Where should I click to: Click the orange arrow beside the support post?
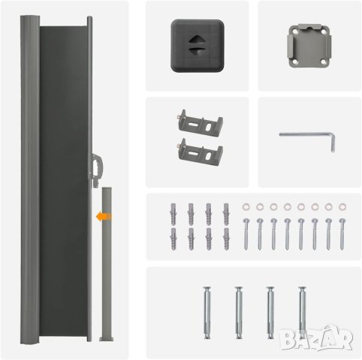point(104,216)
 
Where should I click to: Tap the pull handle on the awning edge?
point(96,170)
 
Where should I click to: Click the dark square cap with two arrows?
point(198,46)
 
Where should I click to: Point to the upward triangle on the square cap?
point(197,39)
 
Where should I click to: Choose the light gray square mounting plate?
point(309,46)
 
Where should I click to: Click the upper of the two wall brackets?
point(201,123)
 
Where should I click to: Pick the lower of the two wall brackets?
point(200,152)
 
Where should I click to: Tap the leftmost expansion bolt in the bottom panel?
point(207,313)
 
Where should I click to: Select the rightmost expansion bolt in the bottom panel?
point(302,313)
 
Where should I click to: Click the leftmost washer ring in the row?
point(246,207)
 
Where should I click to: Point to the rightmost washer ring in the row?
point(342,207)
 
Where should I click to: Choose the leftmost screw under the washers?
point(246,234)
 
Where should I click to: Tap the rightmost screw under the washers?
point(342,234)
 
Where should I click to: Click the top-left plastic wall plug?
point(173,214)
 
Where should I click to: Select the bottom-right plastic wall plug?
point(226,238)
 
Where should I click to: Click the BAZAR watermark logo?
point(316,338)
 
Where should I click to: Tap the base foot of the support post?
point(107,339)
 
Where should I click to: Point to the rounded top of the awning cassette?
point(30,18)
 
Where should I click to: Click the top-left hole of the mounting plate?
point(295,32)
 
